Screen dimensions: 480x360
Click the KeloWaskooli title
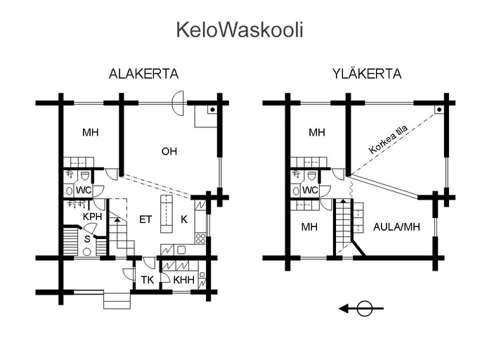[x=240, y=30]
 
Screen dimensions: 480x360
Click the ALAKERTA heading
[x=143, y=74]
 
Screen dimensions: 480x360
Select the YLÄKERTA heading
[x=367, y=74]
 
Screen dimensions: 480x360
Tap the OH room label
[x=169, y=151]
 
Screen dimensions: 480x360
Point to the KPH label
[x=92, y=217]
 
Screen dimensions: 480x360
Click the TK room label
[x=148, y=280]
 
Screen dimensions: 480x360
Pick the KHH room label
[x=183, y=280]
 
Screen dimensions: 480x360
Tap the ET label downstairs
[x=145, y=219]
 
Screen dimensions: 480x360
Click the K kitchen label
[x=184, y=219]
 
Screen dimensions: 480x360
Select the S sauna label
[x=87, y=239]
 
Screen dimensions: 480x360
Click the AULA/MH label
[x=397, y=226]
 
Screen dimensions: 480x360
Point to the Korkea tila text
[x=388, y=140]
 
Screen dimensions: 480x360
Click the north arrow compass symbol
[x=361, y=309]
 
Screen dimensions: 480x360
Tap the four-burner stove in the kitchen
[x=200, y=238]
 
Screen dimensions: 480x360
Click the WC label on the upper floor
[x=310, y=191]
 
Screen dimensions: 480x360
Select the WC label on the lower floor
[x=84, y=191]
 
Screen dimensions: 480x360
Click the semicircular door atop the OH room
[x=178, y=103]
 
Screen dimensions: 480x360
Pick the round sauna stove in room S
[x=87, y=252]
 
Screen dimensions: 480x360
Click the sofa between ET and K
[x=167, y=214]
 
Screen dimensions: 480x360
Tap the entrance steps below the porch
[x=117, y=300]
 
